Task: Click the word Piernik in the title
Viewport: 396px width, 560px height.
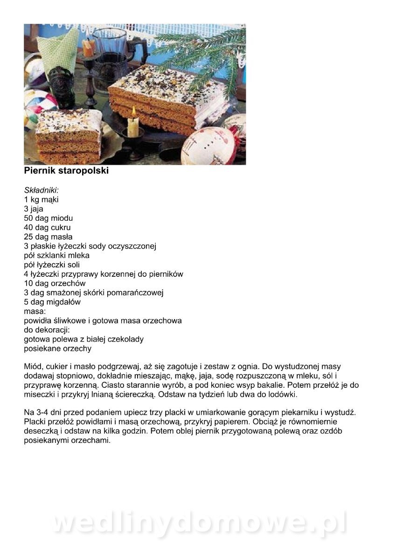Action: tap(39, 171)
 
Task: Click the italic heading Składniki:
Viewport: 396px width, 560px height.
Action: tap(41, 190)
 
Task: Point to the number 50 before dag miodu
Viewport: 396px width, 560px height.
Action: tap(29, 218)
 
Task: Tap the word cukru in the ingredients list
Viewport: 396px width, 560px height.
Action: tap(62, 228)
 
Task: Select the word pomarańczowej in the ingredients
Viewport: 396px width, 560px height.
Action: tap(139, 293)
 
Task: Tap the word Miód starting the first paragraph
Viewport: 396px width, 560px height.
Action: tap(33, 367)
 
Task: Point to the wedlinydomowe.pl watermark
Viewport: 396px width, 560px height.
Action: tap(198, 524)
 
